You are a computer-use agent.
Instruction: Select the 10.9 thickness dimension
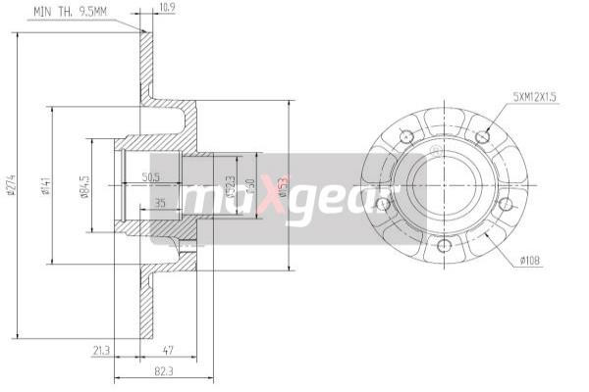[168, 11]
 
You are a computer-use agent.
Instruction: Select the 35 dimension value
[159, 204]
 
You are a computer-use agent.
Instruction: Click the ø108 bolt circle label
[531, 260]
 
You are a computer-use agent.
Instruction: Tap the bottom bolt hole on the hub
[443, 245]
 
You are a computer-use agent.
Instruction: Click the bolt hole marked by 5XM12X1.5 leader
[482, 135]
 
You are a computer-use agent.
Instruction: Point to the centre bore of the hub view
[445, 183]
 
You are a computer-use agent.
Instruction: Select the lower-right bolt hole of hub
[505, 204]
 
